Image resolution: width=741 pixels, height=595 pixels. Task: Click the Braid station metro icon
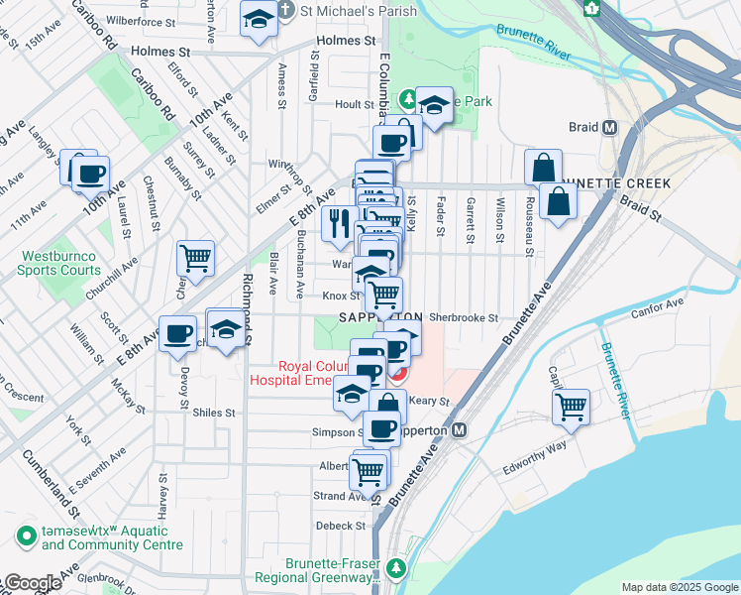610,128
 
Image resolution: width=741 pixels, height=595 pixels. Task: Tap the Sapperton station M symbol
459,431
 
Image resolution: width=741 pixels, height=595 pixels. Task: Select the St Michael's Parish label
342,11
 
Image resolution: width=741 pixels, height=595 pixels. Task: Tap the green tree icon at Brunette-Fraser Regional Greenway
396,568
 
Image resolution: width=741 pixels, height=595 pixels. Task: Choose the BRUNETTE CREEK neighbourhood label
614,183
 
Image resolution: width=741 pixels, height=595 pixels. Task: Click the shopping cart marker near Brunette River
571,405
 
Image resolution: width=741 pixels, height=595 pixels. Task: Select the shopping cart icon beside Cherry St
195,258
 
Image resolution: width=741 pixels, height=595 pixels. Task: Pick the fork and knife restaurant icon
340,223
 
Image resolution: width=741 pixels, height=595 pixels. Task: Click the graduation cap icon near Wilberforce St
259,19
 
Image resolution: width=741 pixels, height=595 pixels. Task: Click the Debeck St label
342,526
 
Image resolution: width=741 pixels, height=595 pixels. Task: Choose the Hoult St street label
354,103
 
